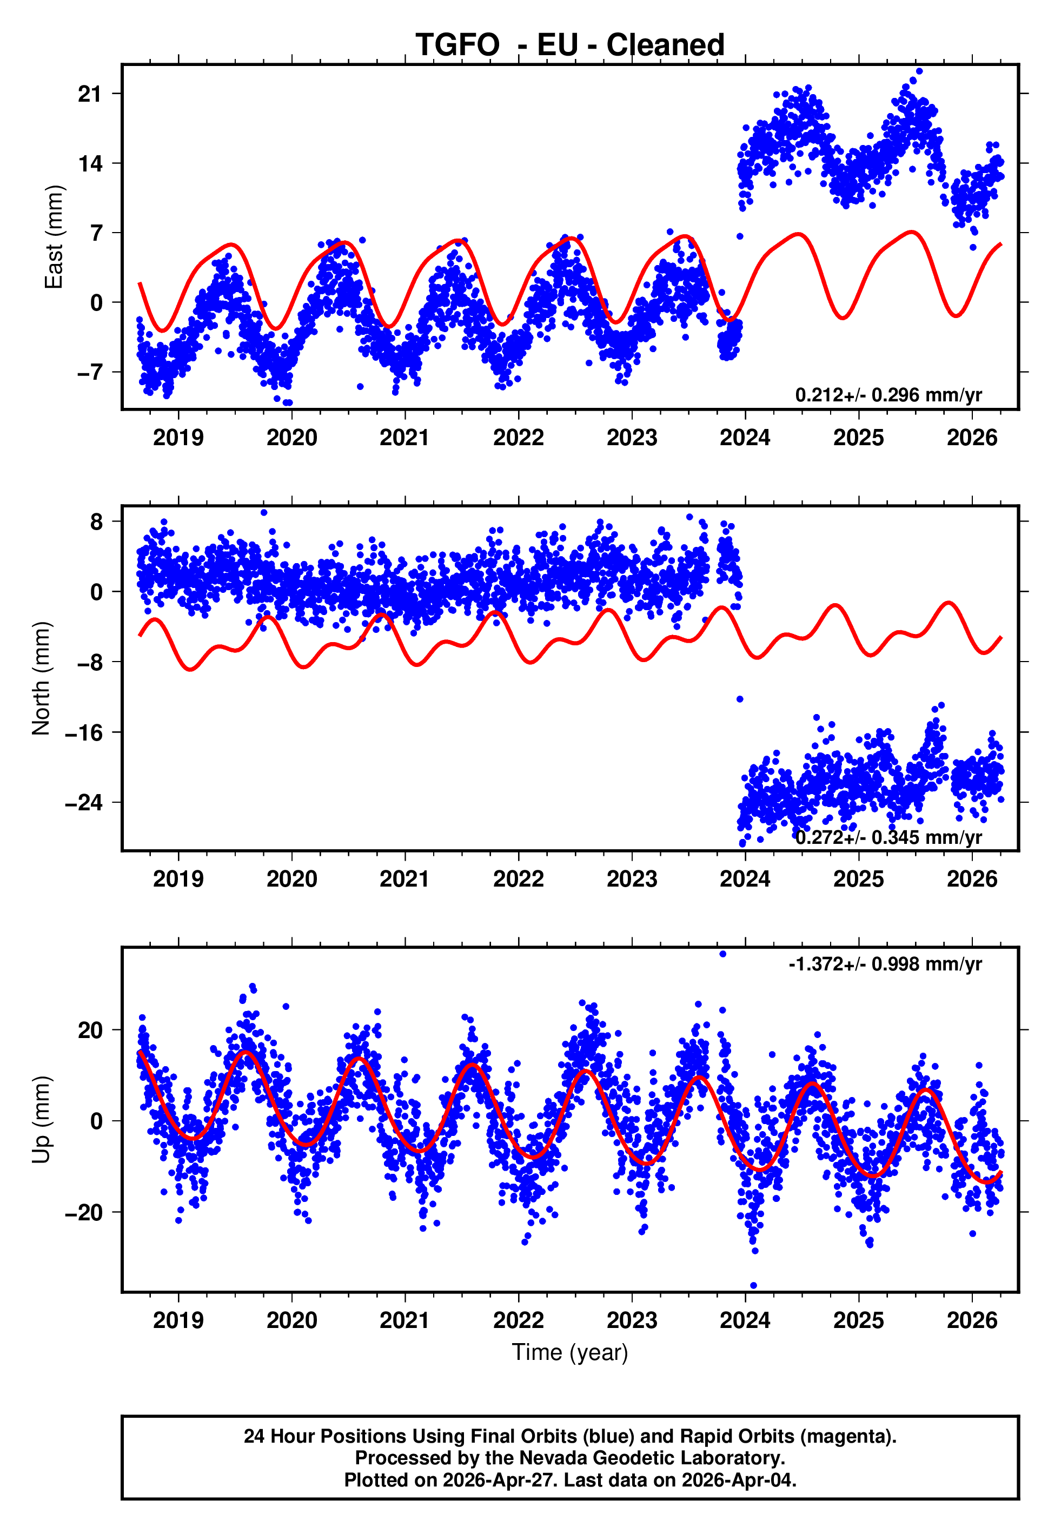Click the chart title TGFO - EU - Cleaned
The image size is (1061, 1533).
tap(570, 45)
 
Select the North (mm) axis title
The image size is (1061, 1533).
tap(41, 678)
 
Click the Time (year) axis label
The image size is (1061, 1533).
tap(570, 1352)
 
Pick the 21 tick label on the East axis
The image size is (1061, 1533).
tap(90, 94)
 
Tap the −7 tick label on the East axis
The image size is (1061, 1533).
tap(90, 372)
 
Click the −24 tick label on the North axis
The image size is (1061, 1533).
tap(84, 802)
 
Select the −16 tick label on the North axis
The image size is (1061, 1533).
tap(84, 732)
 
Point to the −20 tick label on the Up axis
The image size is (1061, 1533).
tap(84, 1212)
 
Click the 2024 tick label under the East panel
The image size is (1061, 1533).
tap(745, 438)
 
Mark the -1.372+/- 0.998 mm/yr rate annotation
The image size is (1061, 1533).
tap(885, 964)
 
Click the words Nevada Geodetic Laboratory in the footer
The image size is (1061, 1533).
tap(652, 1458)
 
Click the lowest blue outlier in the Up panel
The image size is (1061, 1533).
tap(753, 1286)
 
